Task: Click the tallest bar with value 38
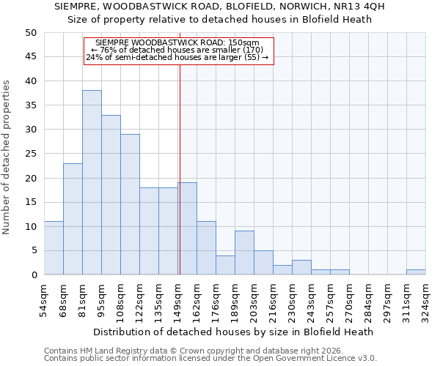(92, 182)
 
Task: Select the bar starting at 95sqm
(111, 195)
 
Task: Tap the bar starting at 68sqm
(73, 219)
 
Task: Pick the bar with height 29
(130, 204)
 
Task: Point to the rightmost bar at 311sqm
(416, 272)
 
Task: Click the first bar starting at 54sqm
(54, 248)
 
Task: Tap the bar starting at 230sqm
(301, 267)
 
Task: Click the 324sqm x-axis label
(426, 299)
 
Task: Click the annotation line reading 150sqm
(177, 42)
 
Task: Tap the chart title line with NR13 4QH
(220, 6)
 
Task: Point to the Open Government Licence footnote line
(210, 359)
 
